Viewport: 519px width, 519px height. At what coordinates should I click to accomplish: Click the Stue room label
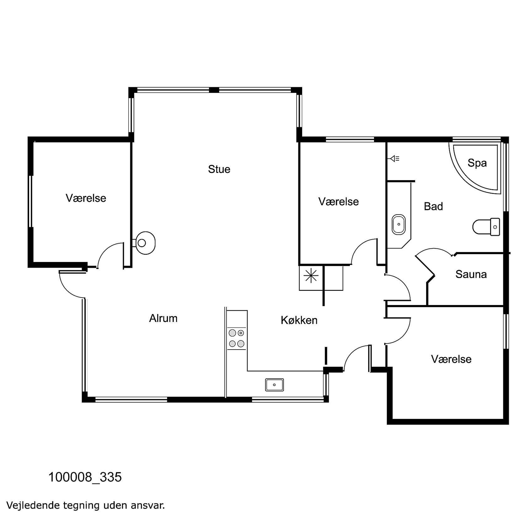click(x=219, y=169)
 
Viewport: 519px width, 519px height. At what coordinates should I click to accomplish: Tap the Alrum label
click(x=163, y=318)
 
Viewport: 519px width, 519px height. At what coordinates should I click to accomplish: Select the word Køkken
click(x=299, y=320)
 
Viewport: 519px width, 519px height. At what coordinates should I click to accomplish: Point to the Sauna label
click(x=471, y=274)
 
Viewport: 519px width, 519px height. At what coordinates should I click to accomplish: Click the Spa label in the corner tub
click(x=477, y=163)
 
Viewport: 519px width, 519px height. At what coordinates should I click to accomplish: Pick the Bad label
click(x=433, y=206)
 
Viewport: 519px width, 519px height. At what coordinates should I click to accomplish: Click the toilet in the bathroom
click(x=486, y=226)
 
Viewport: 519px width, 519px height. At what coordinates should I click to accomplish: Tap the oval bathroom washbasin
click(x=399, y=224)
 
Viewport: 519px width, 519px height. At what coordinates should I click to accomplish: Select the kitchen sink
click(x=274, y=384)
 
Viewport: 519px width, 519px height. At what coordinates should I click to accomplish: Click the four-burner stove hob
click(x=237, y=338)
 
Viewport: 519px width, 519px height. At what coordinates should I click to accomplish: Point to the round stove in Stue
click(x=143, y=243)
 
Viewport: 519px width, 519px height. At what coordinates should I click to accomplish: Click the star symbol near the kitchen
click(x=311, y=276)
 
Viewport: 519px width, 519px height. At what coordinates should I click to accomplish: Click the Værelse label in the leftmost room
click(x=86, y=198)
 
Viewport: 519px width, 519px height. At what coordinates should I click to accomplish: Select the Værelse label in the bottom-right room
click(x=451, y=359)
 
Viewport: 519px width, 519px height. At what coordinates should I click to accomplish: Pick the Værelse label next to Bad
click(x=338, y=201)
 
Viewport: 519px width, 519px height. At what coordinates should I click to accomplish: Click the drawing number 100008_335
click(x=85, y=477)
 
